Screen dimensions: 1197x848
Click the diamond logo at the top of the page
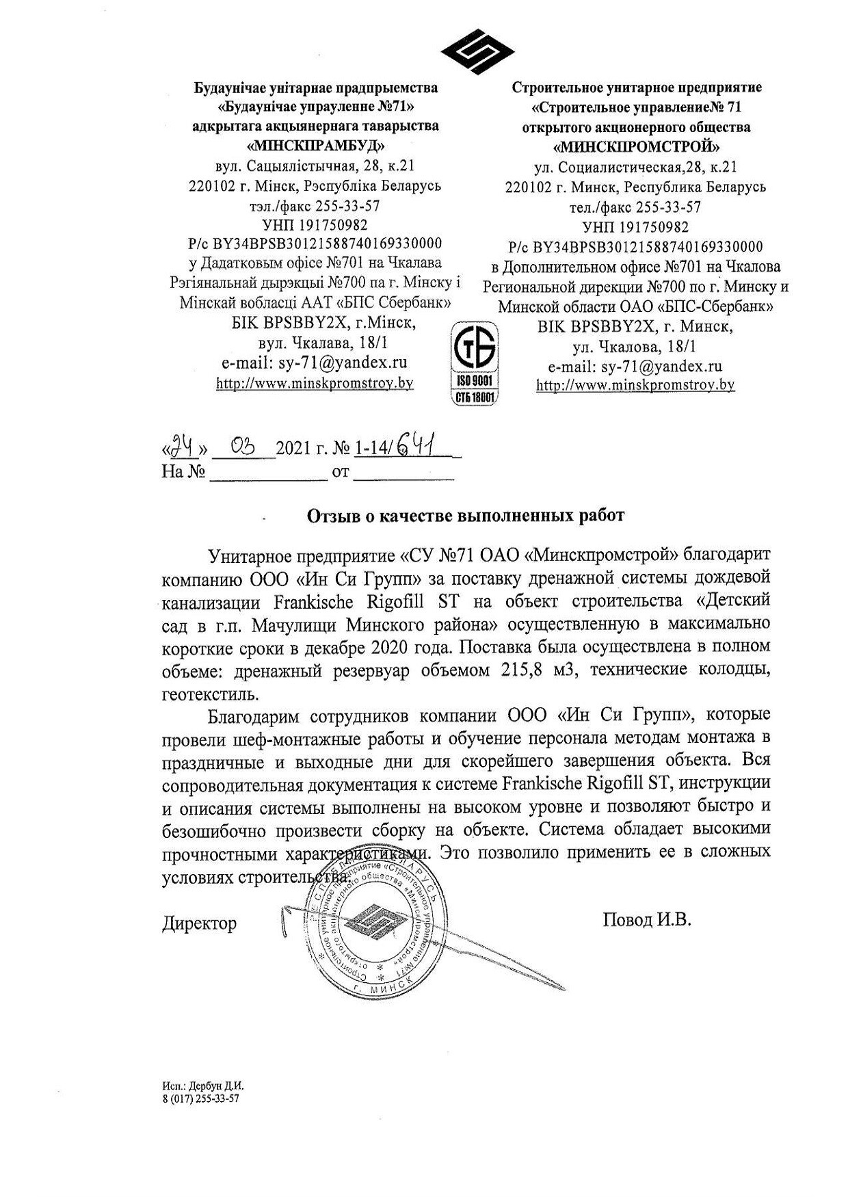click(x=477, y=53)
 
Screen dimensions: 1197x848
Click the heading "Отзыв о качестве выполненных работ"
click(x=465, y=516)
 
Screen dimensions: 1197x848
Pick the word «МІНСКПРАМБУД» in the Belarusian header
click(x=315, y=146)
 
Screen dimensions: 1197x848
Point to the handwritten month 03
click(x=243, y=449)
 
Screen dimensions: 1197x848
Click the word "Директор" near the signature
click(x=200, y=923)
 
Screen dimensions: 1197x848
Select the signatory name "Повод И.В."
click(x=647, y=919)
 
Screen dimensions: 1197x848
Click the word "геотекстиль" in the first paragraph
click(x=200, y=694)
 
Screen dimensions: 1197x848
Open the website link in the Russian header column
click(x=635, y=385)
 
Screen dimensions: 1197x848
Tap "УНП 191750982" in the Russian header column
click(x=636, y=226)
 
